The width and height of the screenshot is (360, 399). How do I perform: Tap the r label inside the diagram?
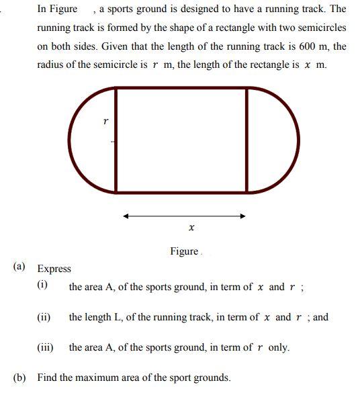coord(105,122)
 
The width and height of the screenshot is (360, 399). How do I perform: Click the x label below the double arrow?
coord(191,228)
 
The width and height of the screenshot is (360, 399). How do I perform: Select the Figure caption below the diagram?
coord(184,251)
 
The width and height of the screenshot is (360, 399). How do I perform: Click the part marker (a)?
coord(20,267)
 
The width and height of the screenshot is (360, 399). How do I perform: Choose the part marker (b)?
coord(20,378)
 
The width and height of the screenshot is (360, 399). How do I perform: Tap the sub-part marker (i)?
coord(42,285)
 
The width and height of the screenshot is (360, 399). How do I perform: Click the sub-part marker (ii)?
coord(44,316)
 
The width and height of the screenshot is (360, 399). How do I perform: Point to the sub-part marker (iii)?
coord(45,347)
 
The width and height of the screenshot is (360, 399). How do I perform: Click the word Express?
coord(54,269)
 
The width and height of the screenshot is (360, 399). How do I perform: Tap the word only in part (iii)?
coord(279,347)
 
